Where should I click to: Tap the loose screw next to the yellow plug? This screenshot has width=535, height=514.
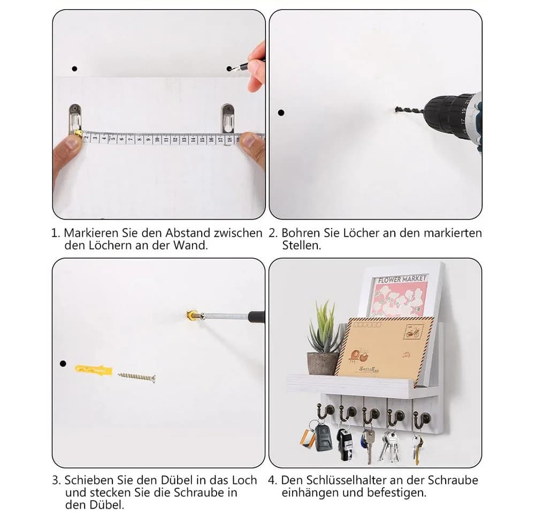click(x=136, y=377)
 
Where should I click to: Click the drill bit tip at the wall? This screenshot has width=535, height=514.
click(x=396, y=110)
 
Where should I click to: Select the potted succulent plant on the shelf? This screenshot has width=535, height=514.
click(x=324, y=338)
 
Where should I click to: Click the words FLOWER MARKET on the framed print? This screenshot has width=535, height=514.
click(x=402, y=279)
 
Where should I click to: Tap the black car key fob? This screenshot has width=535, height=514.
click(x=323, y=437)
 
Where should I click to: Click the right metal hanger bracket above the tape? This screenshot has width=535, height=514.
click(x=227, y=118)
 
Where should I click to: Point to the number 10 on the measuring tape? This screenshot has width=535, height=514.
click(x=157, y=139)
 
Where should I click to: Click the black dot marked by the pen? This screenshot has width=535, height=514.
click(x=229, y=69)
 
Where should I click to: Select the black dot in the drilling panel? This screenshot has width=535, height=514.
click(x=281, y=112)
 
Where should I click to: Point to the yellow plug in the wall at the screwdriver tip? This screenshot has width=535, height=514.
click(x=192, y=315)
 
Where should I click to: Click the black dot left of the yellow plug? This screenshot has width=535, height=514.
click(x=63, y=364)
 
